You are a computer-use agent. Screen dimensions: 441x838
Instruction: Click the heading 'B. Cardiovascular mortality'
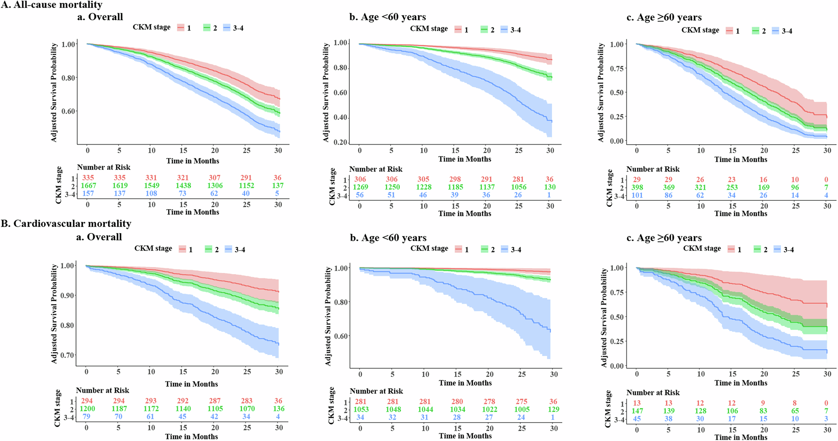coord(66,223)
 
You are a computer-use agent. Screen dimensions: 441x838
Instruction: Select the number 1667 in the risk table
coord(88,185)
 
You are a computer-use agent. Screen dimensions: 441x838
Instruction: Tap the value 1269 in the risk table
coord(360,187)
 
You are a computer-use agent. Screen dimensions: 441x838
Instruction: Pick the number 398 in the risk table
coord(637,187)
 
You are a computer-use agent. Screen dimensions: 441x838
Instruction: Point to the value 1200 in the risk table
coord(87,409)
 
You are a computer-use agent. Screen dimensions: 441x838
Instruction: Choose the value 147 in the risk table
coord(637,411)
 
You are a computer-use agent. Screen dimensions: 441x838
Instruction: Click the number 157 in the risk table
coord(88,193)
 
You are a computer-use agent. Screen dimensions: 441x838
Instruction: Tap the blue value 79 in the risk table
coord(87,417)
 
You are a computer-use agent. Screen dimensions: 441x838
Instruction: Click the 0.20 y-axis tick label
coord(340,143)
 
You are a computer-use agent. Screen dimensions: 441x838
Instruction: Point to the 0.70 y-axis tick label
coord(67,355)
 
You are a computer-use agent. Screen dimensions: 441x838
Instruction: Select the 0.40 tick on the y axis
coord(340,117)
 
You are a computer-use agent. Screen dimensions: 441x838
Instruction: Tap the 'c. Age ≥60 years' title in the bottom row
coord(669,238)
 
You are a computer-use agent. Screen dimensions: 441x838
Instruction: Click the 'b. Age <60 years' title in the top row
coord(388,17)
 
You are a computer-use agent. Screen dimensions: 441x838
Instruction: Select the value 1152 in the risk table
coord(246,185)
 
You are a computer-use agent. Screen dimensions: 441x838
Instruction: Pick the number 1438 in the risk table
coord(183,185)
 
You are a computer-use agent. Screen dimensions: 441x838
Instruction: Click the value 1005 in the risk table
coord(522,409)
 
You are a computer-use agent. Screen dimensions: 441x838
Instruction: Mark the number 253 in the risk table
coord(732,187)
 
